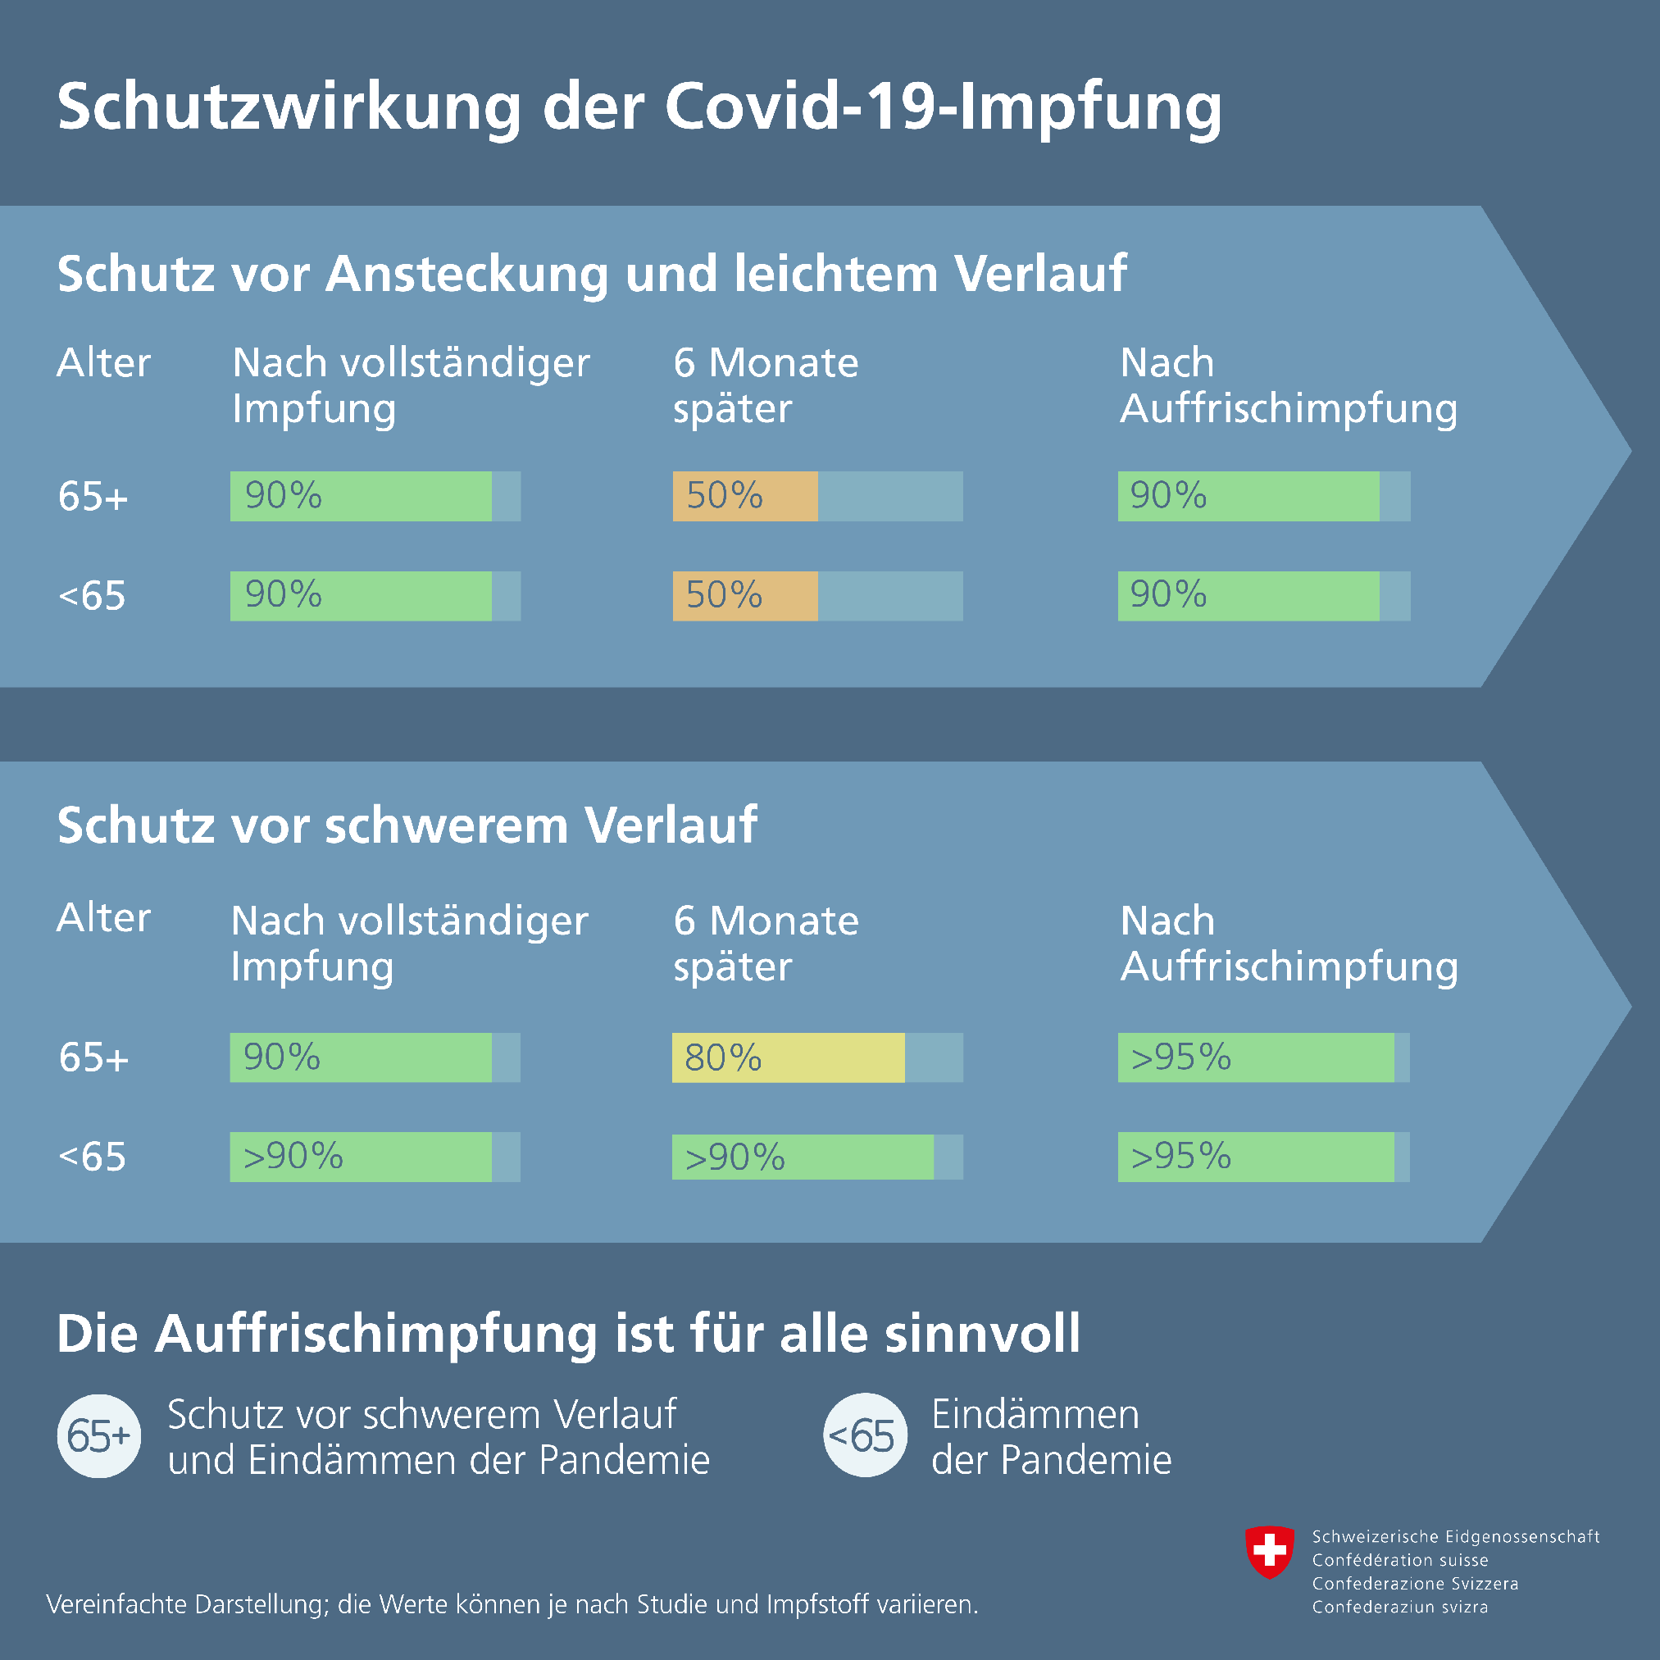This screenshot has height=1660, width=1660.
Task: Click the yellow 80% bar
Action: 787,1057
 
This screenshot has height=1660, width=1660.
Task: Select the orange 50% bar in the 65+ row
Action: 744,496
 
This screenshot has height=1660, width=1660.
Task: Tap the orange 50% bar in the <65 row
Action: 744,595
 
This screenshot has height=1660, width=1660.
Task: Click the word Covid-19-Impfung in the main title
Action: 943,107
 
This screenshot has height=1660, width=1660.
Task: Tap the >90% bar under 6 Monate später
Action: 802,1157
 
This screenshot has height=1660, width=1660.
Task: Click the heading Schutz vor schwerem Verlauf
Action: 407,825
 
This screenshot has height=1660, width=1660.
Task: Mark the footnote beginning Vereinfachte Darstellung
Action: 512,1604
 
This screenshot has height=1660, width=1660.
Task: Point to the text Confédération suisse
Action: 1399,1559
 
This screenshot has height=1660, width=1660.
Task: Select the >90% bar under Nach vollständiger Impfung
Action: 360,1157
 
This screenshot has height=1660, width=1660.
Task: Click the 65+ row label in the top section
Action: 93,496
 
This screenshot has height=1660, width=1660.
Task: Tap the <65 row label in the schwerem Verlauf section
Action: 92,1157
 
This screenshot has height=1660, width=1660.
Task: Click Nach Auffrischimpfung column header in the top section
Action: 1288,385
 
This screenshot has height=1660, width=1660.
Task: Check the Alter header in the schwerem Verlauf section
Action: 103,917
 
